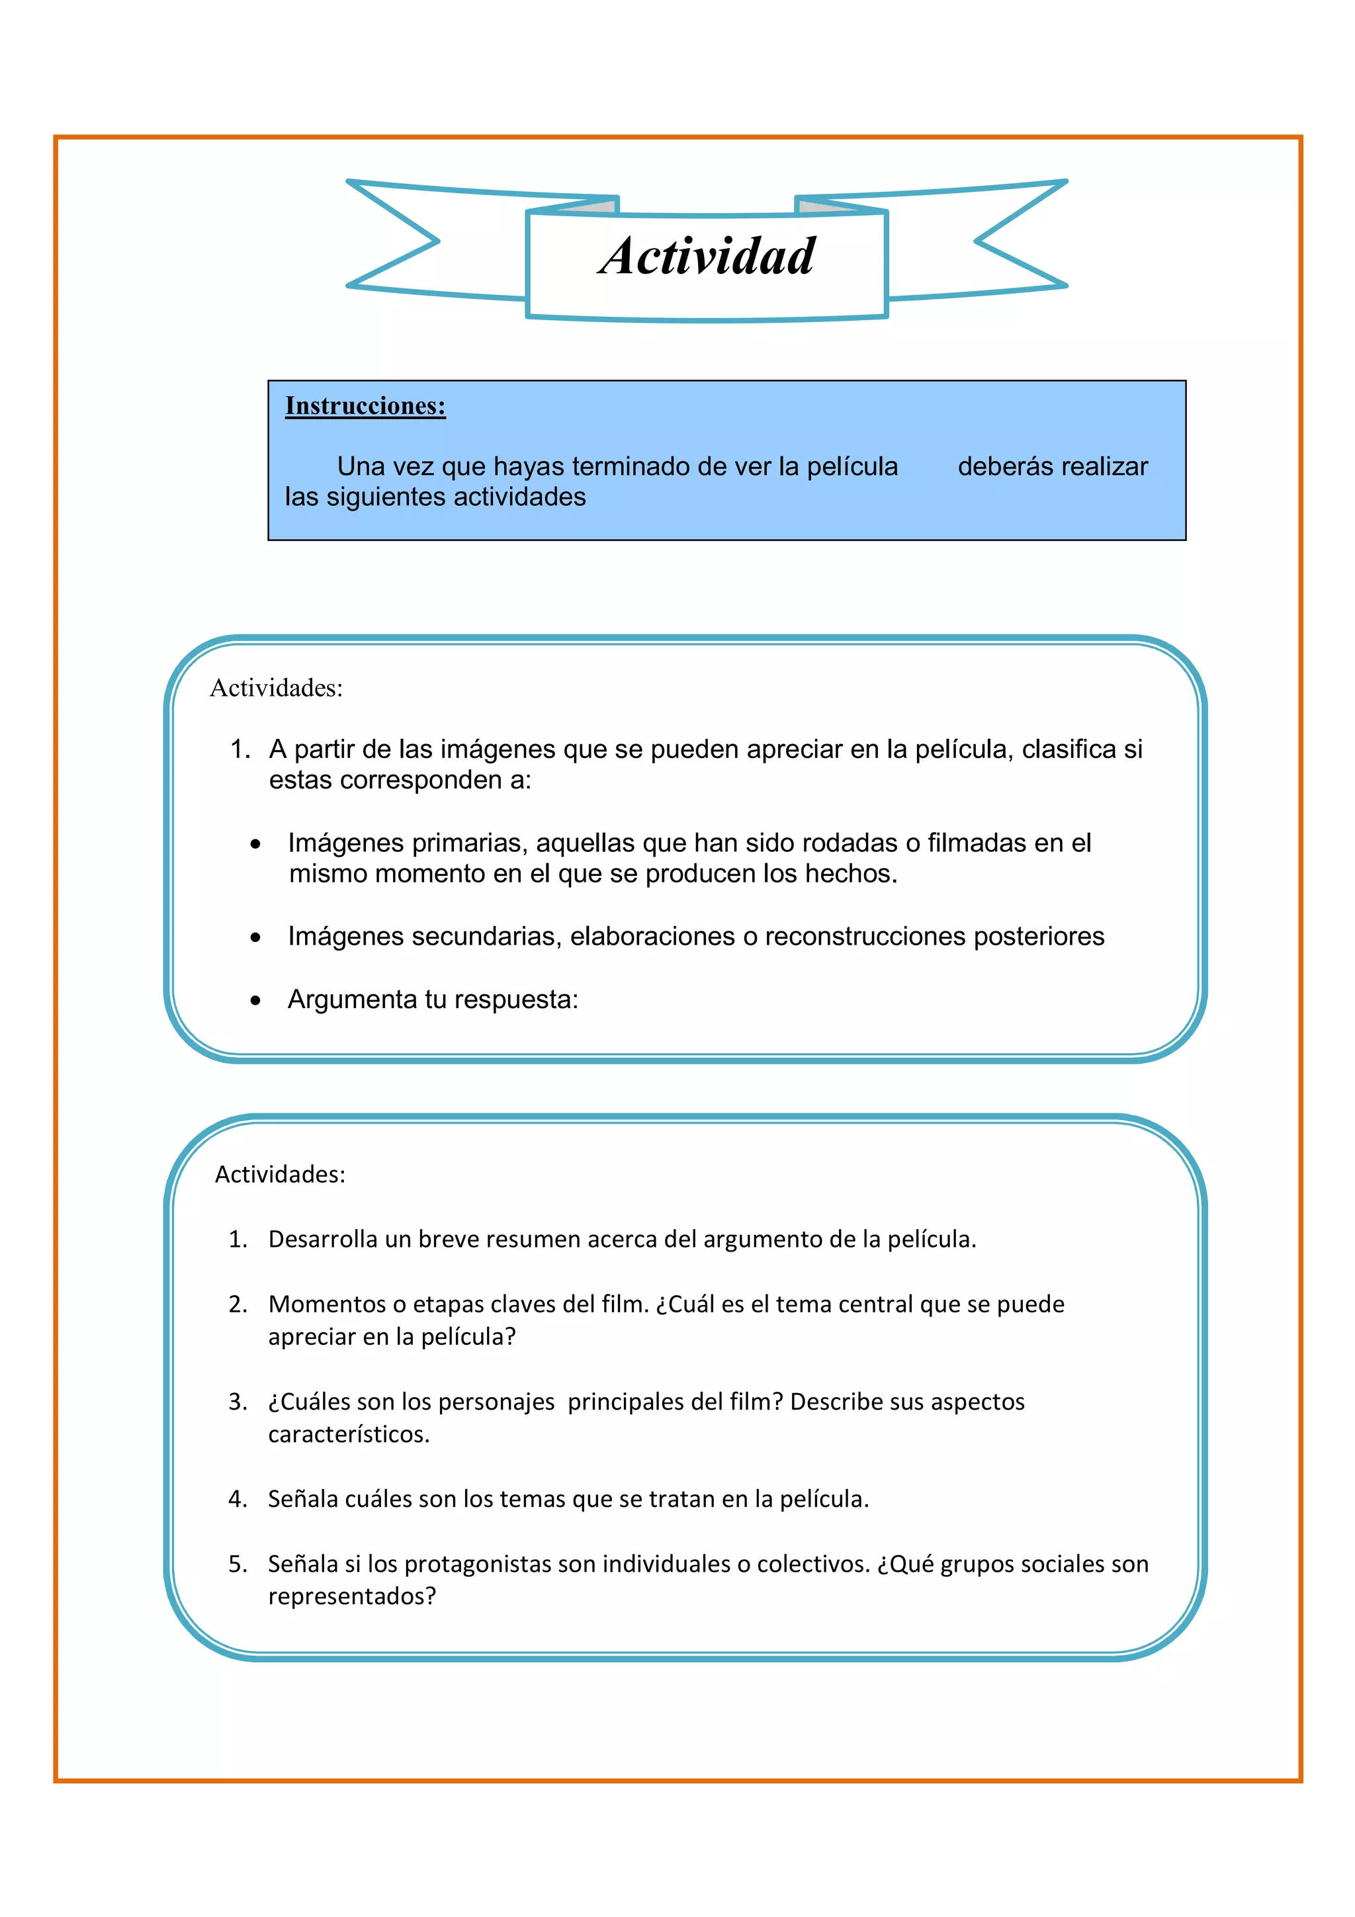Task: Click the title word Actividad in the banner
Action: (707, 255)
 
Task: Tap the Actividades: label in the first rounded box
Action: (277, 688)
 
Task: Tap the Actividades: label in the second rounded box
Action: (280, 1174)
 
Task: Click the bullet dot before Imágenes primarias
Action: (255, 845)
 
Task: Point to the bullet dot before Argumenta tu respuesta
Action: (255, 1000)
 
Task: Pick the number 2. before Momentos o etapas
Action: (238, 1304)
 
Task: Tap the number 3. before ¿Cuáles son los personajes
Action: (238, 1402)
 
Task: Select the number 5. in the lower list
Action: (238, 1564)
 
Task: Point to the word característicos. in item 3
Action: (348, 1434)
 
